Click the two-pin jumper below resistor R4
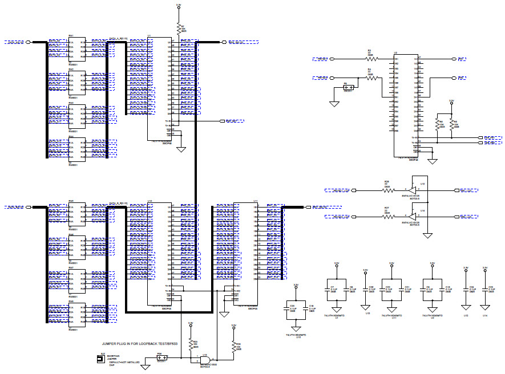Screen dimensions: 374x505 point(349,87)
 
